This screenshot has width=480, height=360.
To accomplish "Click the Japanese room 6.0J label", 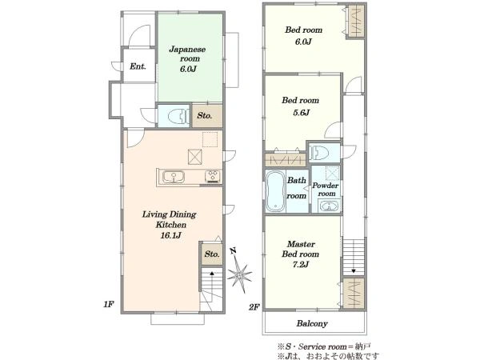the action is pos(187,59).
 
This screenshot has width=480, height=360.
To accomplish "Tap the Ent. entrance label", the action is pos(138,66).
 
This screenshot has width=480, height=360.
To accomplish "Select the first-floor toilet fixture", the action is pos(178,116).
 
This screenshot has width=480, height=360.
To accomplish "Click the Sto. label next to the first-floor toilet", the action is pos(205,116).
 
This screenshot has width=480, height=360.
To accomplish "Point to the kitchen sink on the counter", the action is pos(174,177).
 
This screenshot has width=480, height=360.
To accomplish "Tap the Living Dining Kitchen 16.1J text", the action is pos(170,224).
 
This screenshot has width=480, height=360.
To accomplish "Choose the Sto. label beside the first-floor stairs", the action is pos(212,254).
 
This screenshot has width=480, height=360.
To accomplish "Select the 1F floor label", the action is pos(108,304).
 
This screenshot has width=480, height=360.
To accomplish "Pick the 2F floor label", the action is pos(254,307).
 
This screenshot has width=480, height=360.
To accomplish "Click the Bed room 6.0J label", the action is pos(303,35).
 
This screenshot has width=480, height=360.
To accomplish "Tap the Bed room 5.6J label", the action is pos(301,106).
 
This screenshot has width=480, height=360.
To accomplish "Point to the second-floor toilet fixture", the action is pos(318,152).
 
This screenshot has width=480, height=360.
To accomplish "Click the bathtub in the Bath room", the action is pos(275,191).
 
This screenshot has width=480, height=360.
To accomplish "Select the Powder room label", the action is pos(326,190).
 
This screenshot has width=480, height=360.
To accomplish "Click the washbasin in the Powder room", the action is pos(329,206).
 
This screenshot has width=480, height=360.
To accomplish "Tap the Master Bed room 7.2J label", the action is pos(300,254).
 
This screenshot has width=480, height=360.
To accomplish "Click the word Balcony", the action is pos(312,323).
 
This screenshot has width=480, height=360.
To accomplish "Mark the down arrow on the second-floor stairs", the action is pos(354,270).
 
